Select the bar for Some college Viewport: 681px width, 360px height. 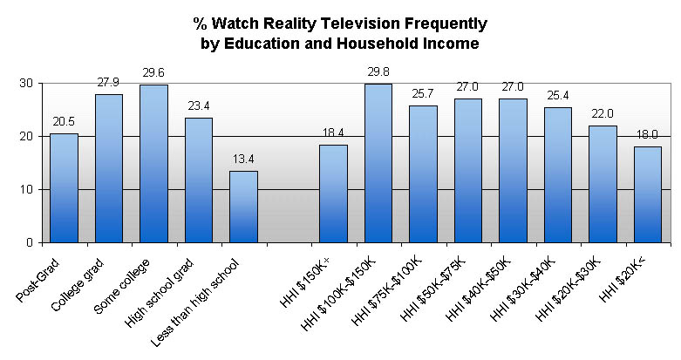pos(153,163)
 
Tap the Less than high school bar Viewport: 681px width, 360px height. pos(243,207)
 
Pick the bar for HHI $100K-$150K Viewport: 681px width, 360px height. pos(378,163)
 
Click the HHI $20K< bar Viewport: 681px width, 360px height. pos(648,194)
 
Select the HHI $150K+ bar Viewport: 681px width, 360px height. pos(333,194)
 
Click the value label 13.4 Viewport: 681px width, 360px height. pos(244,161)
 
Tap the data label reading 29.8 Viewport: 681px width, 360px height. pos(378,74)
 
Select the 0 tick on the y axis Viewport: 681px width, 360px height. pos(31,242)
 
